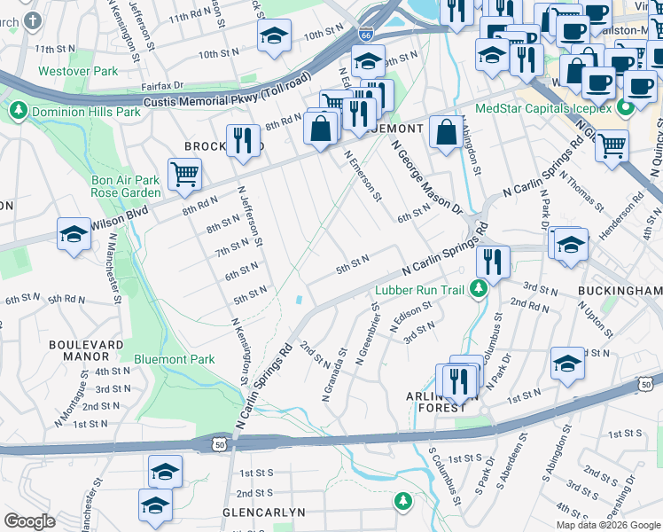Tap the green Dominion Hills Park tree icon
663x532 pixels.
point(18,112)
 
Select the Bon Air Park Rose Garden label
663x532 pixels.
point(126,186)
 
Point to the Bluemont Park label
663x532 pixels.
point(174,359)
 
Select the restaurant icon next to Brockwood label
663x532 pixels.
point(240,139)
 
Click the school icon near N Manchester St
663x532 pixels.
point(74,233)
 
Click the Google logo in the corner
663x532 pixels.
point(29,522)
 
